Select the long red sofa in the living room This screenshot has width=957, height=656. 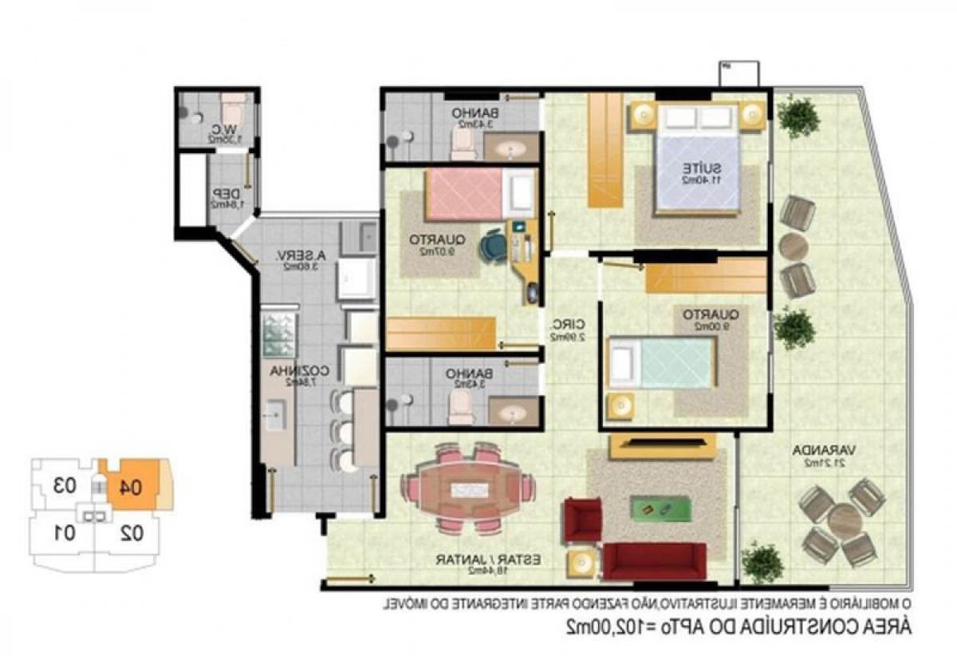click(654, 561)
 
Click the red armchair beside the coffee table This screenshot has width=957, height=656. click(582, 520)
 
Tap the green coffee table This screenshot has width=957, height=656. click(660, 507)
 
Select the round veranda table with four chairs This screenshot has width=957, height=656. click(845, 522)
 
